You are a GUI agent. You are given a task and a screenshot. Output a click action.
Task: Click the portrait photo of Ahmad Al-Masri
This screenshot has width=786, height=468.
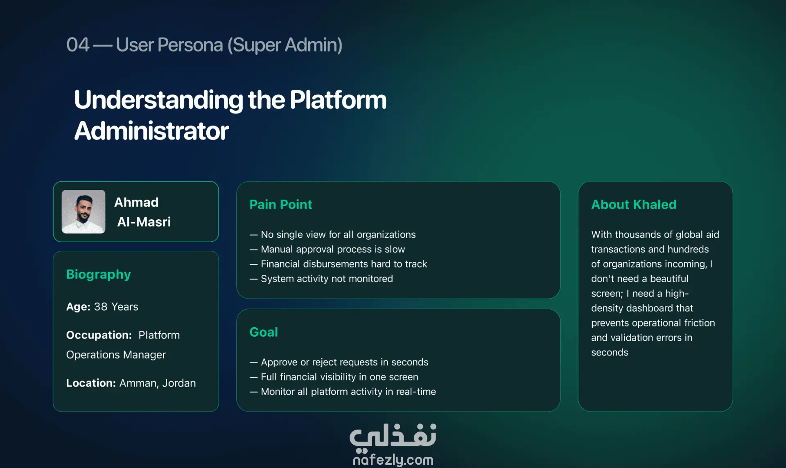(84, 211)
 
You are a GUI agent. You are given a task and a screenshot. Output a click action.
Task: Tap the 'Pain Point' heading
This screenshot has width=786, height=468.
(281, 205)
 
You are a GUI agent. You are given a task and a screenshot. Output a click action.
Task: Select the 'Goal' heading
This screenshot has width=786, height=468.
(264, 332)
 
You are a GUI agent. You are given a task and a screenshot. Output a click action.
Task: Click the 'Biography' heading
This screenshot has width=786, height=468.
(99, 274)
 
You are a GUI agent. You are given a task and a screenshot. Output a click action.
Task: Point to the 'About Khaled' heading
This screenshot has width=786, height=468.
(634, 205)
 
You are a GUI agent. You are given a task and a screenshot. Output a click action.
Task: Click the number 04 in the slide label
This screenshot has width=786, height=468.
(78, 45)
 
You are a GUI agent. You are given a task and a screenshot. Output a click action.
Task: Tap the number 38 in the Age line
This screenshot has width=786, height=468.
(101, 307)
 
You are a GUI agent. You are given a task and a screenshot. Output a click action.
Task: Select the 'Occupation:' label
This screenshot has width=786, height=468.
(99, 335)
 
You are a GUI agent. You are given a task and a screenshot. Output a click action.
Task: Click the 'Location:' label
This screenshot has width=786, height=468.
(91, 383)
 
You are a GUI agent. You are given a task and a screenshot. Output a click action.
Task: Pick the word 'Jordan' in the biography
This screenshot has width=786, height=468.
(179, 383)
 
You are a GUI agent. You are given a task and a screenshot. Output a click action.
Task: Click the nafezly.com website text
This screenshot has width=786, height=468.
(393, 460)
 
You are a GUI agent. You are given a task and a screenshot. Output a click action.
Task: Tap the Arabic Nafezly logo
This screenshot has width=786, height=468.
(393, 436)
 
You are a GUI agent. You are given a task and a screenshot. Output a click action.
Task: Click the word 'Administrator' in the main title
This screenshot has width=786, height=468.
(151, 131)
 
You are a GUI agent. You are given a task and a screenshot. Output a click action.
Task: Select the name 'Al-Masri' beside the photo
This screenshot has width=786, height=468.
(144, 222)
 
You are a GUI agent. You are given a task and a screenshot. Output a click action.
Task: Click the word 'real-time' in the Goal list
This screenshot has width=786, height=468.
(416, 391)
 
